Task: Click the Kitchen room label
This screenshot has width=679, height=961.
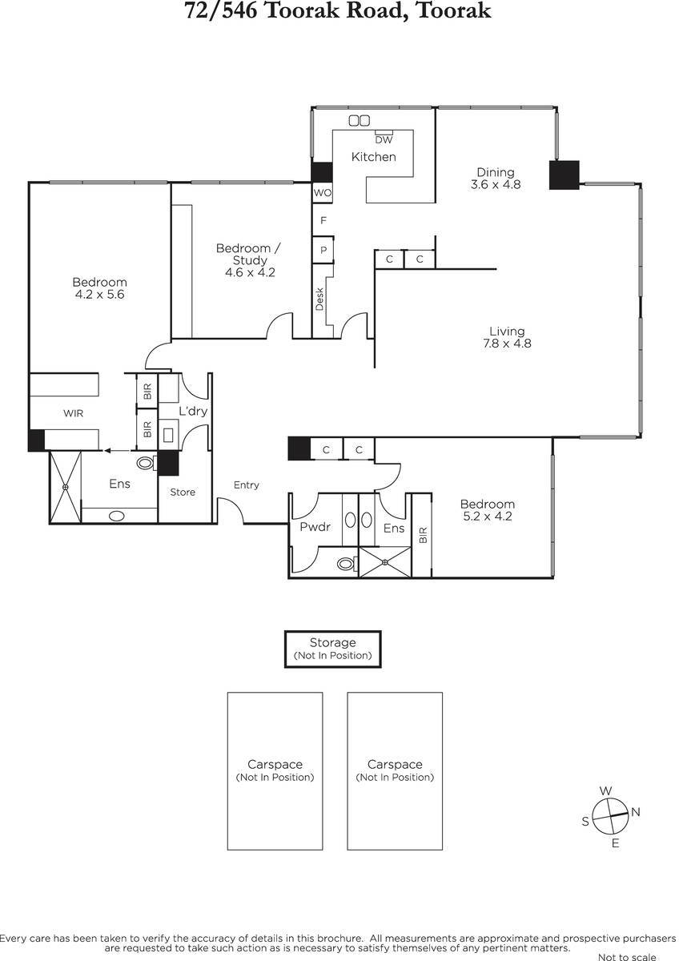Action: point(373,157)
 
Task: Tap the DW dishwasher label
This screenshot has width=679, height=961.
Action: point(384,140)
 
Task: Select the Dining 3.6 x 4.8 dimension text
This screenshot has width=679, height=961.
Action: point(496,184)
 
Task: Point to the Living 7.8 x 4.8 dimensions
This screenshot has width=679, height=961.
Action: point(507,344)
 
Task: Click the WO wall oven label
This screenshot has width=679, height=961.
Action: point(323,193)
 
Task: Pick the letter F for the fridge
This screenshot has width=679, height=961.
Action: point(323,220)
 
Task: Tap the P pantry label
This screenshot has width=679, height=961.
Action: point(323,250)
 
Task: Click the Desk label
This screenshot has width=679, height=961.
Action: point(319,299)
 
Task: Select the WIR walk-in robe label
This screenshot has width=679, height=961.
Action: point(74,413)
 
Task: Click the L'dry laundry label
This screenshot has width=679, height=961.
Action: point(193,411)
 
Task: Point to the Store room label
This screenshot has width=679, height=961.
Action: point(183,492)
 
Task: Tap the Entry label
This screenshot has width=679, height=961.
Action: point(246,485)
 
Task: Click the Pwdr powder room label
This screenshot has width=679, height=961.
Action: point(315,527)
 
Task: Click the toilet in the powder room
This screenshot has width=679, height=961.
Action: point(347,563)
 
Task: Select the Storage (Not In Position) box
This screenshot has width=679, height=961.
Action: point(333,649)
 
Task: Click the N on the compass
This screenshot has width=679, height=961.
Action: point(635,812)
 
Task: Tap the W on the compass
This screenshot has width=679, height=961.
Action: point(605,790)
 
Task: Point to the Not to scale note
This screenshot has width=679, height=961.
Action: point(627,956)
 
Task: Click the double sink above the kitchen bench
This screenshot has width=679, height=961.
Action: point(359,121)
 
